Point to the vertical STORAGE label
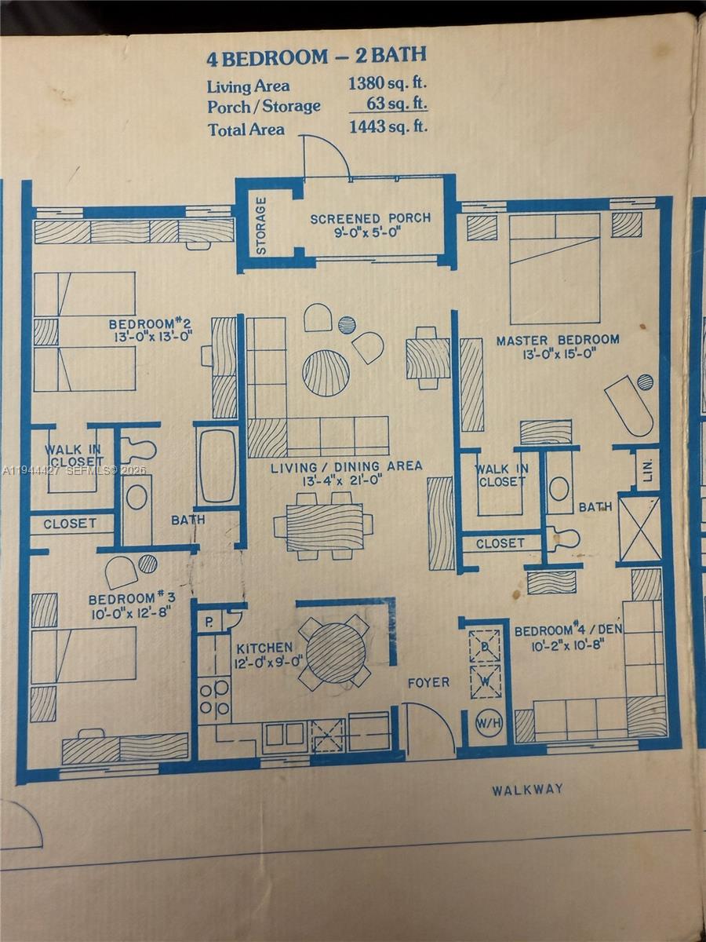click(x=261, y=225)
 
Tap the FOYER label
click(x=428, y=682)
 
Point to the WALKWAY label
click(x=527, y=790)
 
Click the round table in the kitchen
click(x=335, y=652)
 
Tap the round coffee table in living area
click(x=326, y=372)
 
